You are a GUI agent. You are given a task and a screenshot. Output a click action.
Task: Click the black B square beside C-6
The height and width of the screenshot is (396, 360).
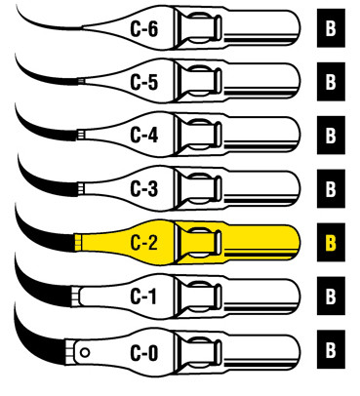(x=331, y=28)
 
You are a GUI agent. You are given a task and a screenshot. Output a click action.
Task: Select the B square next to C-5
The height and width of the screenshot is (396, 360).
(x=331, y=80)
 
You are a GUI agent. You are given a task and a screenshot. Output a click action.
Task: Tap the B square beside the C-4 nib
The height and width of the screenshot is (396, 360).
(x=331, y=133)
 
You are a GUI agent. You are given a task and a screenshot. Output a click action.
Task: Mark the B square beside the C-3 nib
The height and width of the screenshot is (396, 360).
(x=331, y=185)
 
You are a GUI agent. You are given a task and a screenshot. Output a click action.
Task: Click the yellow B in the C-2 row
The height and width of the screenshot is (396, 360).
(x=331, y=239)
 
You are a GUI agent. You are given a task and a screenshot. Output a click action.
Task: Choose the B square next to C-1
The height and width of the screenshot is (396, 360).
(x=331, y=292)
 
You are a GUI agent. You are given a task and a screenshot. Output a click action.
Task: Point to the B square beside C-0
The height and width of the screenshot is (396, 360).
(x=331, y=345)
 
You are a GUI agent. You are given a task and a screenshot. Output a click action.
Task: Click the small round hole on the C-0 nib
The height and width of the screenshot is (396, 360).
(x=86, y=349)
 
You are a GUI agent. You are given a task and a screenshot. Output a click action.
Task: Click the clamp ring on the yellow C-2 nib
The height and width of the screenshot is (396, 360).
(x=200, y=240)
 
